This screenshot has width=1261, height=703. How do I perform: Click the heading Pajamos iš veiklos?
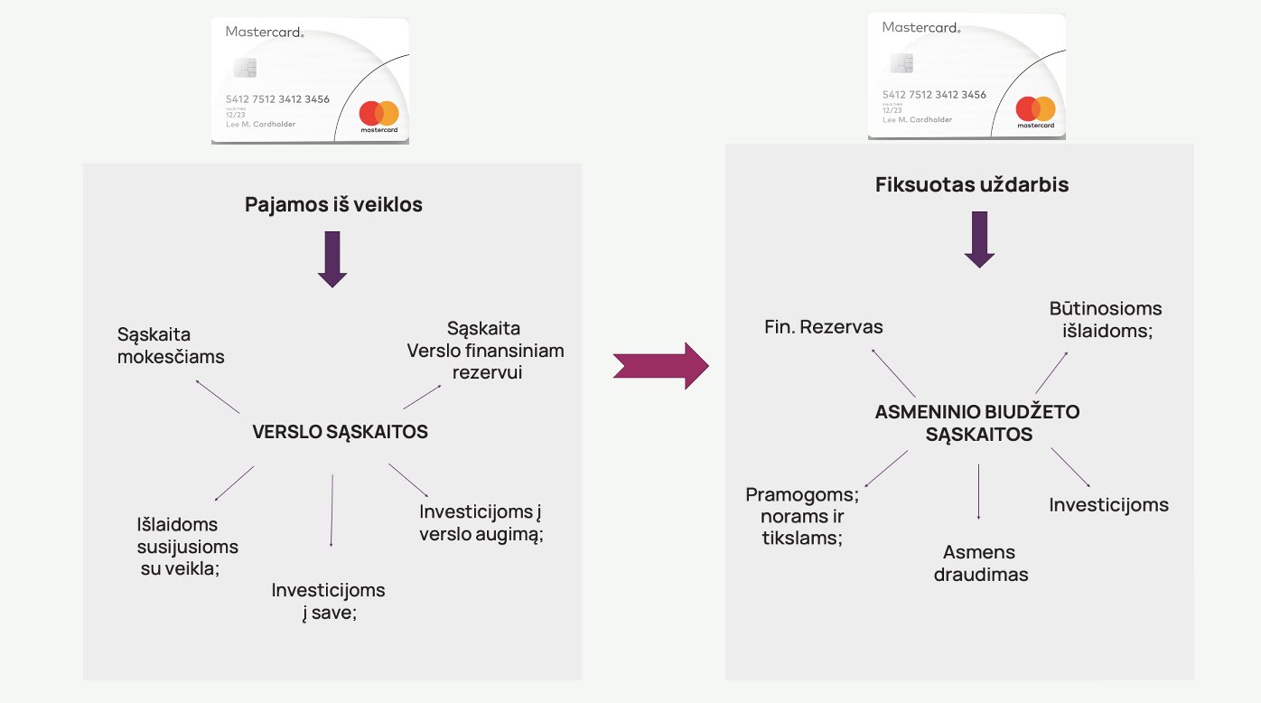click(x=333, y=205)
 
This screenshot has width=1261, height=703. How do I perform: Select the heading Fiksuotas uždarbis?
click(x=971, y=185)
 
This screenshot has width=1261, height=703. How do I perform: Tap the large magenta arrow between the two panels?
click(x=660, y=365)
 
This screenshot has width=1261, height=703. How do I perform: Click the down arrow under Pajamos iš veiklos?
click(x=332, y=258)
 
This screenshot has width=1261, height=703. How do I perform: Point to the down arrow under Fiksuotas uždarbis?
click(x=979, y=239)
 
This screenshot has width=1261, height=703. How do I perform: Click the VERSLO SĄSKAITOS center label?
click(x=340, y=433)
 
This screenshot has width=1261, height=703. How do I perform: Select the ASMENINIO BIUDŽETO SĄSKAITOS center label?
click(x=977, y=423)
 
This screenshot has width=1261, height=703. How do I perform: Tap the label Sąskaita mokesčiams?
click(x=171, y=346)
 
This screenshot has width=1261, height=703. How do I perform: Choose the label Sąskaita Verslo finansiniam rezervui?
click(x=485, y=350)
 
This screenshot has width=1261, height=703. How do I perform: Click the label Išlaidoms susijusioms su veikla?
click(x=187, y=547)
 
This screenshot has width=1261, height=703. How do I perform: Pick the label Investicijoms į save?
click(x=328, y=602)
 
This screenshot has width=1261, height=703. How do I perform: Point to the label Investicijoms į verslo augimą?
click(x=481, y=523)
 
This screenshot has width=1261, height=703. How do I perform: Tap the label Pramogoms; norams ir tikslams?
click(x=801, y=516)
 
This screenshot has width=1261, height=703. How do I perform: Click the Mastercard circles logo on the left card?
click(x=378, y=114)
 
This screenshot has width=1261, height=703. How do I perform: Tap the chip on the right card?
click(x=901, y=62)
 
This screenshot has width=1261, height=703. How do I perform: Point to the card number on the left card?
click(x=277, y=99)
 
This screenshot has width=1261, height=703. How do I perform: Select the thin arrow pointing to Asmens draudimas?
click(x=979, y=492)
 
